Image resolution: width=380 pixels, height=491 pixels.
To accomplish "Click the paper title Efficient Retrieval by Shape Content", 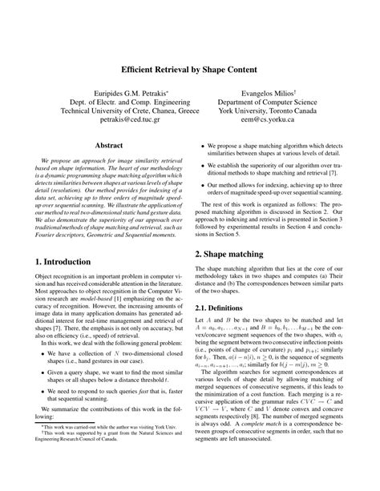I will click(x=190, y=70).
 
